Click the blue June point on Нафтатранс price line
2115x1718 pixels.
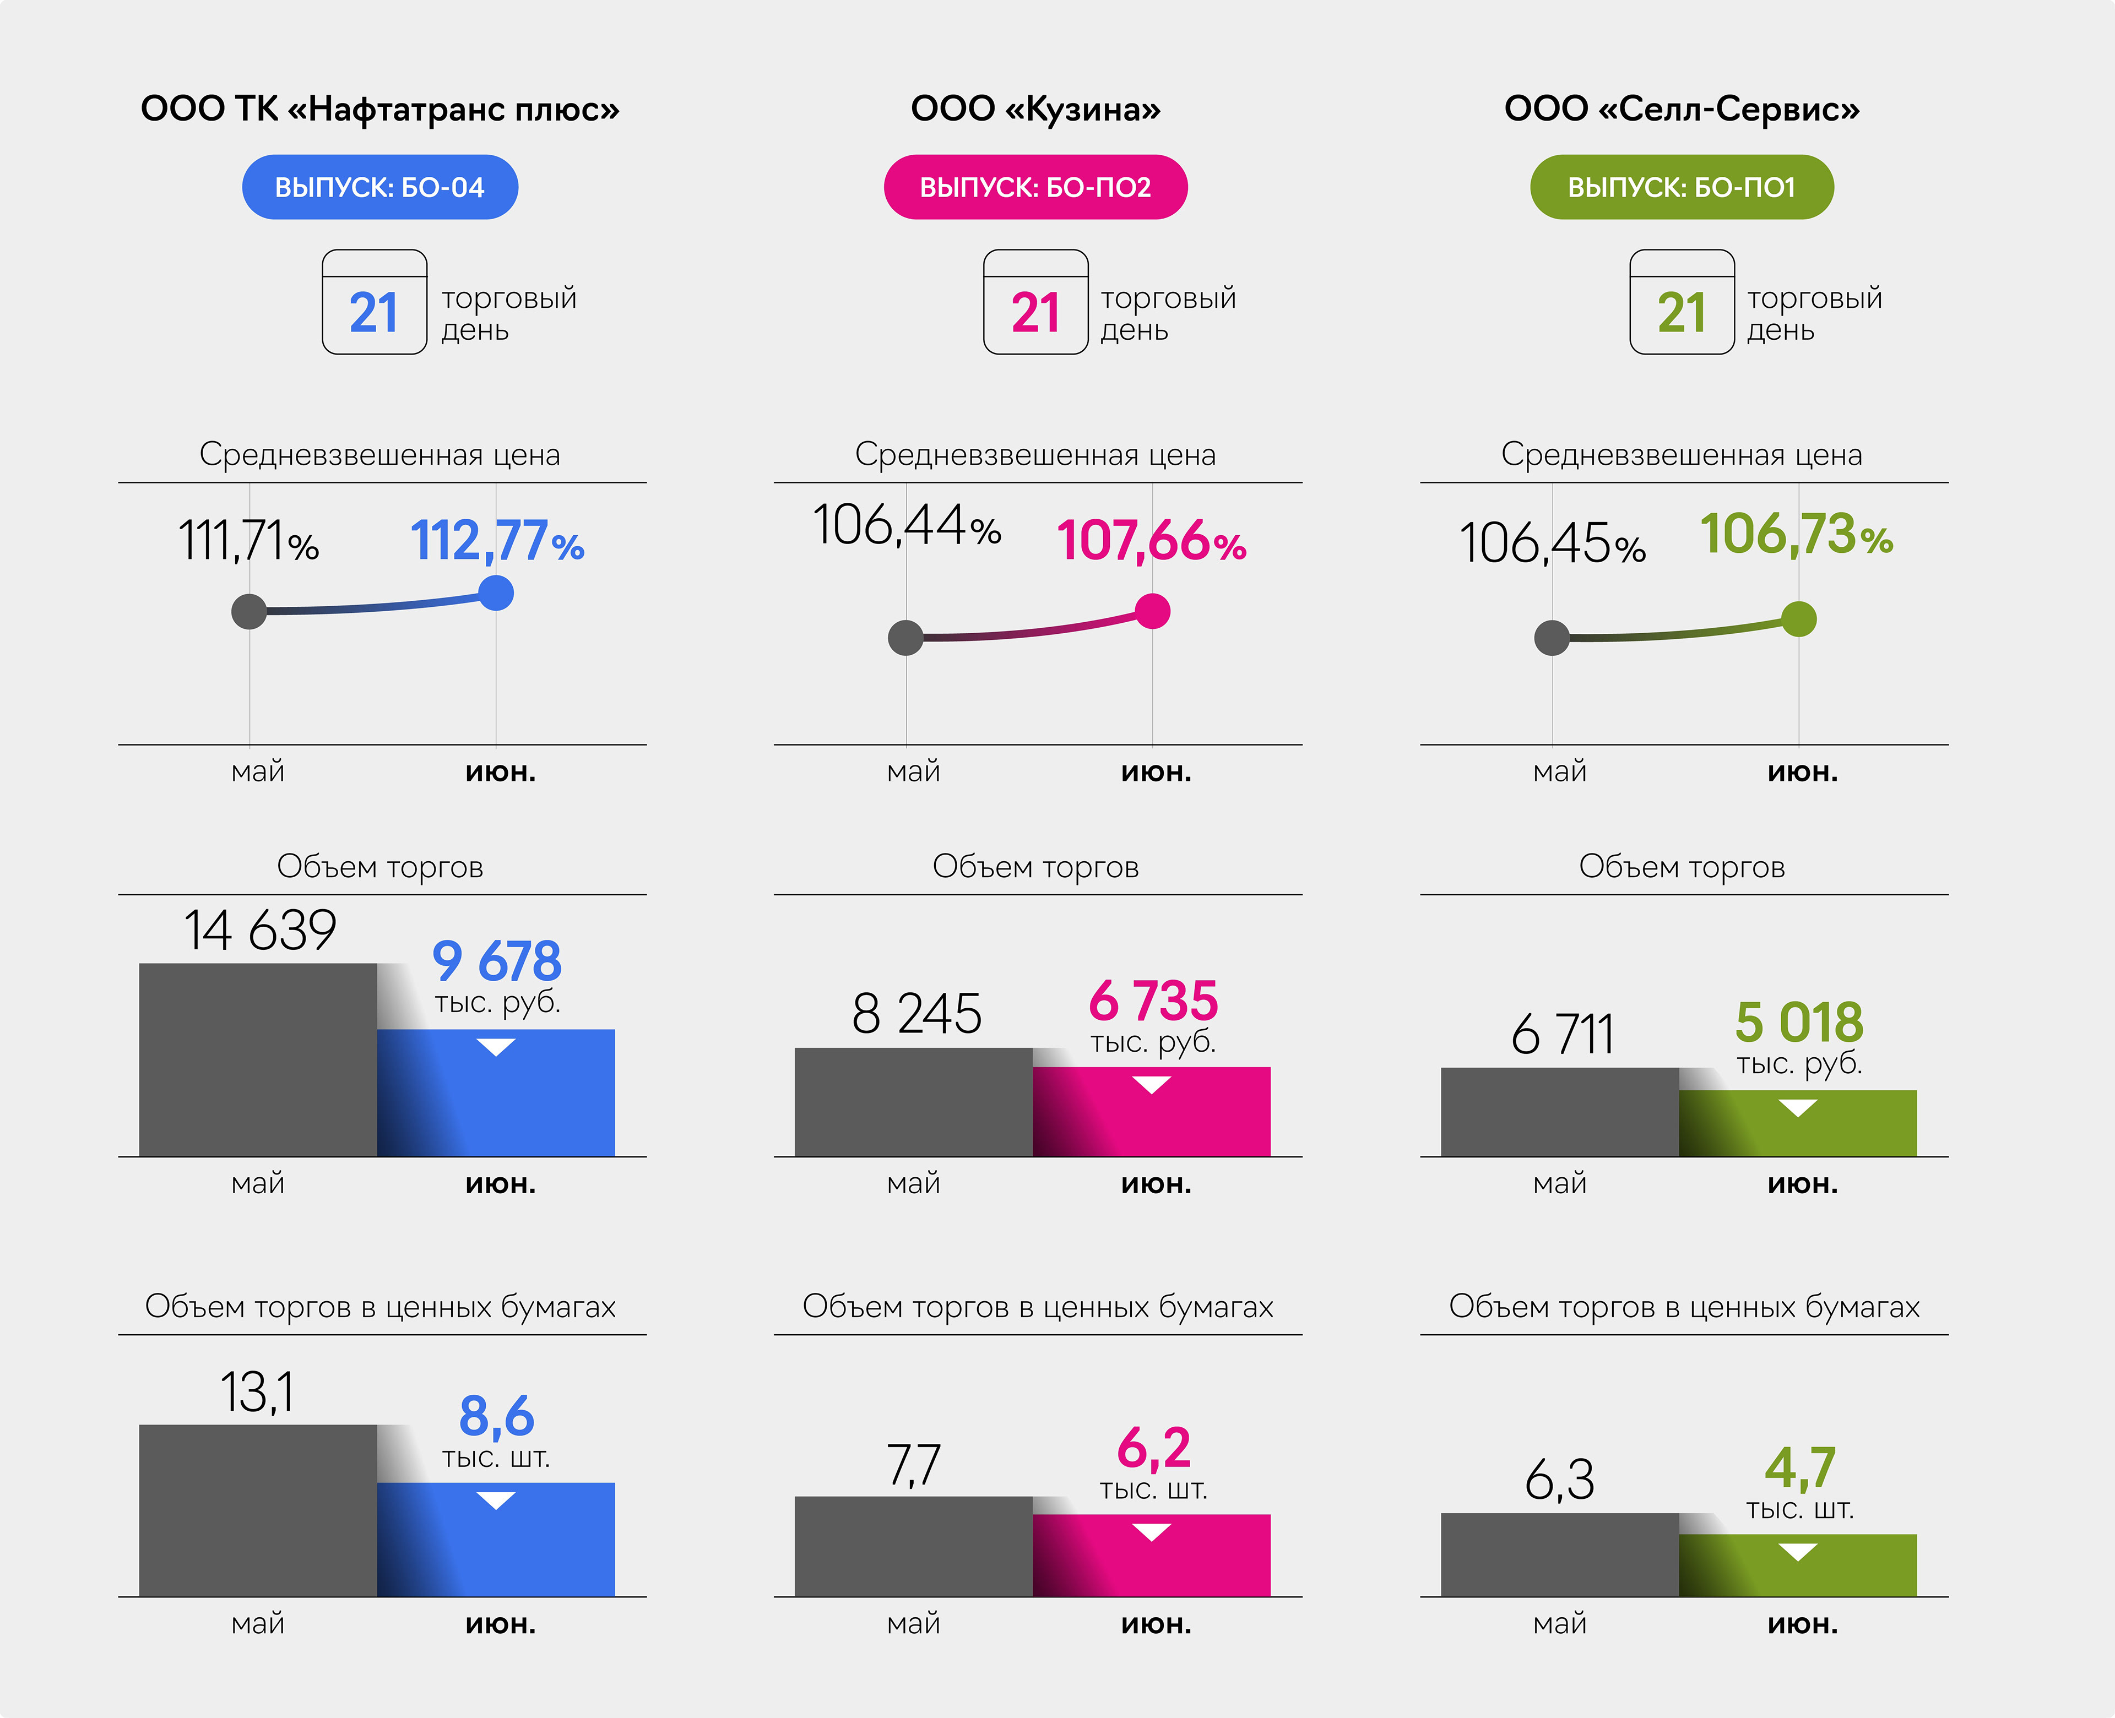coord(496,593)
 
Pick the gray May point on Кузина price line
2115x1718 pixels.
coord(905,637)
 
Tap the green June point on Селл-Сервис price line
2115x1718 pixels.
coord(1798,619)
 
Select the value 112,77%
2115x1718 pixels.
coord(497,541)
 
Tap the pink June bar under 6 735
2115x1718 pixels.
coord(1151,1118)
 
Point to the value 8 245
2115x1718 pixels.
coord(916,1014)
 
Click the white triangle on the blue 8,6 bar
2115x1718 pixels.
coord(496,1500)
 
